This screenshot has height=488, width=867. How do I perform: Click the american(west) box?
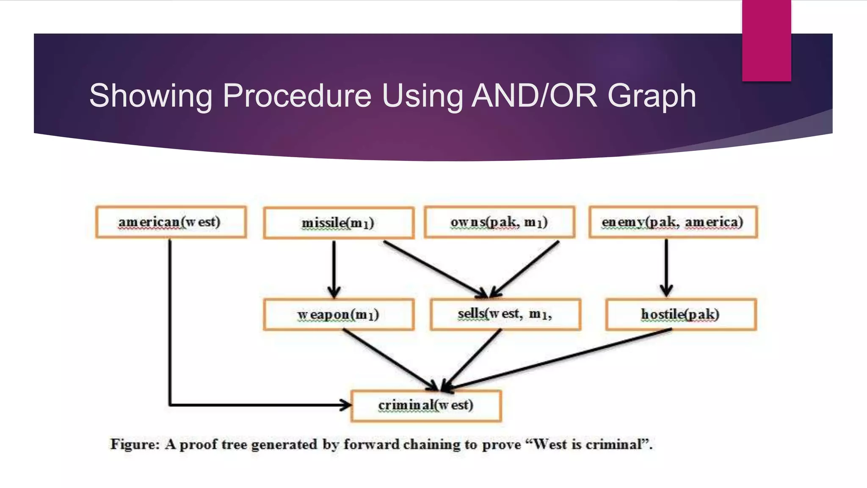point(171,222)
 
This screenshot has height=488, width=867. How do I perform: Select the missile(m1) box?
point(338,223)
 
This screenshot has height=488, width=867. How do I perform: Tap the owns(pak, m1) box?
point(500,222)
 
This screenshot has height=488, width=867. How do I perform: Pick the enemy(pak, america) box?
point(673,222)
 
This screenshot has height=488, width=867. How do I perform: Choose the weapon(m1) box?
point(338,315)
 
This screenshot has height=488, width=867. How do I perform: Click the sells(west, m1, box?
point(505,314)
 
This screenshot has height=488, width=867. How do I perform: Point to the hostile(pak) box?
point(681,314)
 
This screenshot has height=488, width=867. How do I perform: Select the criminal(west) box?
point(426,405)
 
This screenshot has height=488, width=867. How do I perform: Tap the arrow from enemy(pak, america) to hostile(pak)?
point(666,267)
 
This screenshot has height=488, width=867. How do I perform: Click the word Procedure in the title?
point(297,96)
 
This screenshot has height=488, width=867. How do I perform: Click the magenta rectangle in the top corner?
point(766,40)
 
